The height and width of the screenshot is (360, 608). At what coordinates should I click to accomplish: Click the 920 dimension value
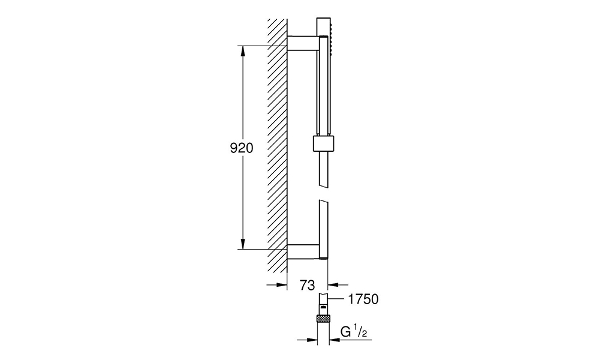242,148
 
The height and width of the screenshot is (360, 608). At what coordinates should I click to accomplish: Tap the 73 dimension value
307,286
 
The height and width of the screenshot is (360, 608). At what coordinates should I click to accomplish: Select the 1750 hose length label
363,299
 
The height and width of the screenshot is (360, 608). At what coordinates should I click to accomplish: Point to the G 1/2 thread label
353,332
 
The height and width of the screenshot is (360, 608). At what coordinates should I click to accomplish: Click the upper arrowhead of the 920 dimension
243,51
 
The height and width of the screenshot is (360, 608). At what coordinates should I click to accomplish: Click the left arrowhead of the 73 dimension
281,285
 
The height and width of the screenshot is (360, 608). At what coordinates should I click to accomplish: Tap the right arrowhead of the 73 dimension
333,285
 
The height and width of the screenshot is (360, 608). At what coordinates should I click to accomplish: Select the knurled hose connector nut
323,319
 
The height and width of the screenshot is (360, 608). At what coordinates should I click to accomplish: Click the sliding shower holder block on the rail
323,143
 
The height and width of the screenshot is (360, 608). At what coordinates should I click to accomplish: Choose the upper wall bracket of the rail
303,43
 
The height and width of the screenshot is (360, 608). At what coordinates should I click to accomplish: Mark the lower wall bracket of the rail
303,251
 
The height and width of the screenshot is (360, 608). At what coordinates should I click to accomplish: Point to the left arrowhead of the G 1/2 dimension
312,340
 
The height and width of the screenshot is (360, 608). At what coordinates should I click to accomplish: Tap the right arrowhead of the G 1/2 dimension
334,340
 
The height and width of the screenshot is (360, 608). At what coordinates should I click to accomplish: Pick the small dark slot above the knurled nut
323,306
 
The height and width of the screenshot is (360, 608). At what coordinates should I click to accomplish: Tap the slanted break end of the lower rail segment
323,202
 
